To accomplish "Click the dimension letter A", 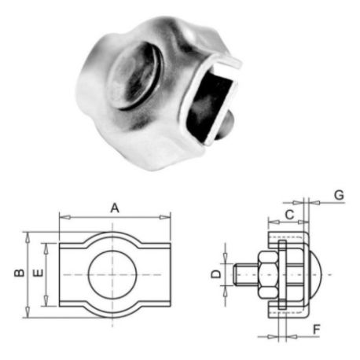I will tap(115, 208).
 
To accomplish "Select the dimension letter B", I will tap(17, 274).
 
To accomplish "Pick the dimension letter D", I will tap(213, 274).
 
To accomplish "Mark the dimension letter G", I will tap(338, 193).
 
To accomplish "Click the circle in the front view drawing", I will tap(113, 274).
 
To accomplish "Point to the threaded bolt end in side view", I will tap(244, 274).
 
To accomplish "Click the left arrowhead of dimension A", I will tap(62, 216).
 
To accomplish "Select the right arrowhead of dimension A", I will tap(167, 216).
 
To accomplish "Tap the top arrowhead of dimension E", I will tap(48, 244).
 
